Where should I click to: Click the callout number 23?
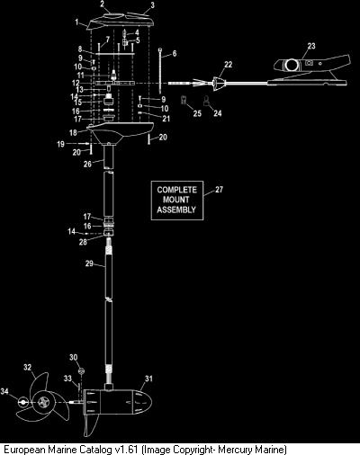pyautogui.click(x=311, y=46)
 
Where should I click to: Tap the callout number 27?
pyautogui.click(x=219, y=190)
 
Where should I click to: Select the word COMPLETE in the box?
pyautogui.click(x=177, y=190)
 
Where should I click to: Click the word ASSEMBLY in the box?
pyautogui.click(x=176, y=210)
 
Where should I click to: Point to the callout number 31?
pyautogui.click(x=148, y=379)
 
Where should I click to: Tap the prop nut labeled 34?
pyautogui.click(x=22, y=402)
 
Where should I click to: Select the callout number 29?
pyautogui.click(x=89, y=263)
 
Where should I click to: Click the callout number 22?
pyautogui.click(x=228, y=65)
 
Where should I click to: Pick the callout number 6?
pyautogui.click(x=175, y=53)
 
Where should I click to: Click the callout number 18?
pyautogui.click(x=73, y=132)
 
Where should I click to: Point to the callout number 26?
pyautogui.click(x=87, y=164)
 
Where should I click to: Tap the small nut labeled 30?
pyautogui.click(x=81, y=371)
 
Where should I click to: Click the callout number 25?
pyautogui.click(x=197, y=113)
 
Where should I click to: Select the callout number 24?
pyautogui.click(x=218, y=113)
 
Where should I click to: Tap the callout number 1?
pyautogui.click(x=76, y=22)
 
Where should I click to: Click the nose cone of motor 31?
pyautogui.click(x=141, y=402)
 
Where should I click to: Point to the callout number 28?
pyautogui.click(x=83, y=242)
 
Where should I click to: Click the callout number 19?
pyautogui.click(x=60, y=144)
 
